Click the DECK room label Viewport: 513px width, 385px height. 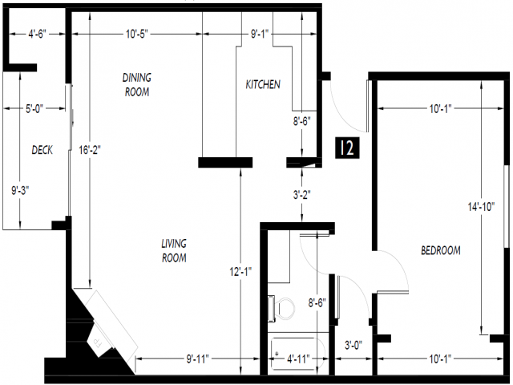click(42, 150)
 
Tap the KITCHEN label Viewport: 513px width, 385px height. click(263, 84)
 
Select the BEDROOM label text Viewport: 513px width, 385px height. click(441, 250)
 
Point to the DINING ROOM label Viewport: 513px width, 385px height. click(137, 84)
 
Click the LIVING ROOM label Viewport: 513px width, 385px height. click(174, 250)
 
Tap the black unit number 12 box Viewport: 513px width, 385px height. click(347, 148)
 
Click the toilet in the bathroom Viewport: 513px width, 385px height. click(281, 308)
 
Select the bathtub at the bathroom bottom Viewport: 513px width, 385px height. click(297, 351)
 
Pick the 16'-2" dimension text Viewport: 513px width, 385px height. click(90, 150)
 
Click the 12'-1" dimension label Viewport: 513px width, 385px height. click(240, 271)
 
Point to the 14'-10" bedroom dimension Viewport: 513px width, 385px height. click(481, 207)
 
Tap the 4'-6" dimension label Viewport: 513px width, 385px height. click(38, 34)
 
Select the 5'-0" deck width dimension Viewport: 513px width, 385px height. click(34, 108)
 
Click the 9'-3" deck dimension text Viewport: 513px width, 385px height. click(20, 190)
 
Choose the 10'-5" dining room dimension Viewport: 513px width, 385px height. click(137, 34)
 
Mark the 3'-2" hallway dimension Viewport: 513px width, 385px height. click(301, 195)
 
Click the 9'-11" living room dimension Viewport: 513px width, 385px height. click(198, 359)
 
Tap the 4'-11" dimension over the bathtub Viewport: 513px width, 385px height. click(298, 359)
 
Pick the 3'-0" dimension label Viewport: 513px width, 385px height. click(353, 345)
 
